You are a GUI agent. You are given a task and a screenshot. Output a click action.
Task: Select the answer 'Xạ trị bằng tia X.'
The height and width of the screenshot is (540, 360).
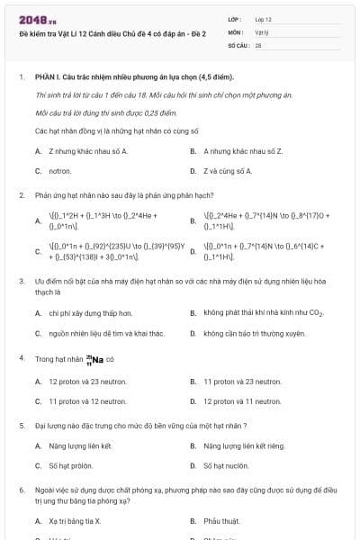click(75, 521)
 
